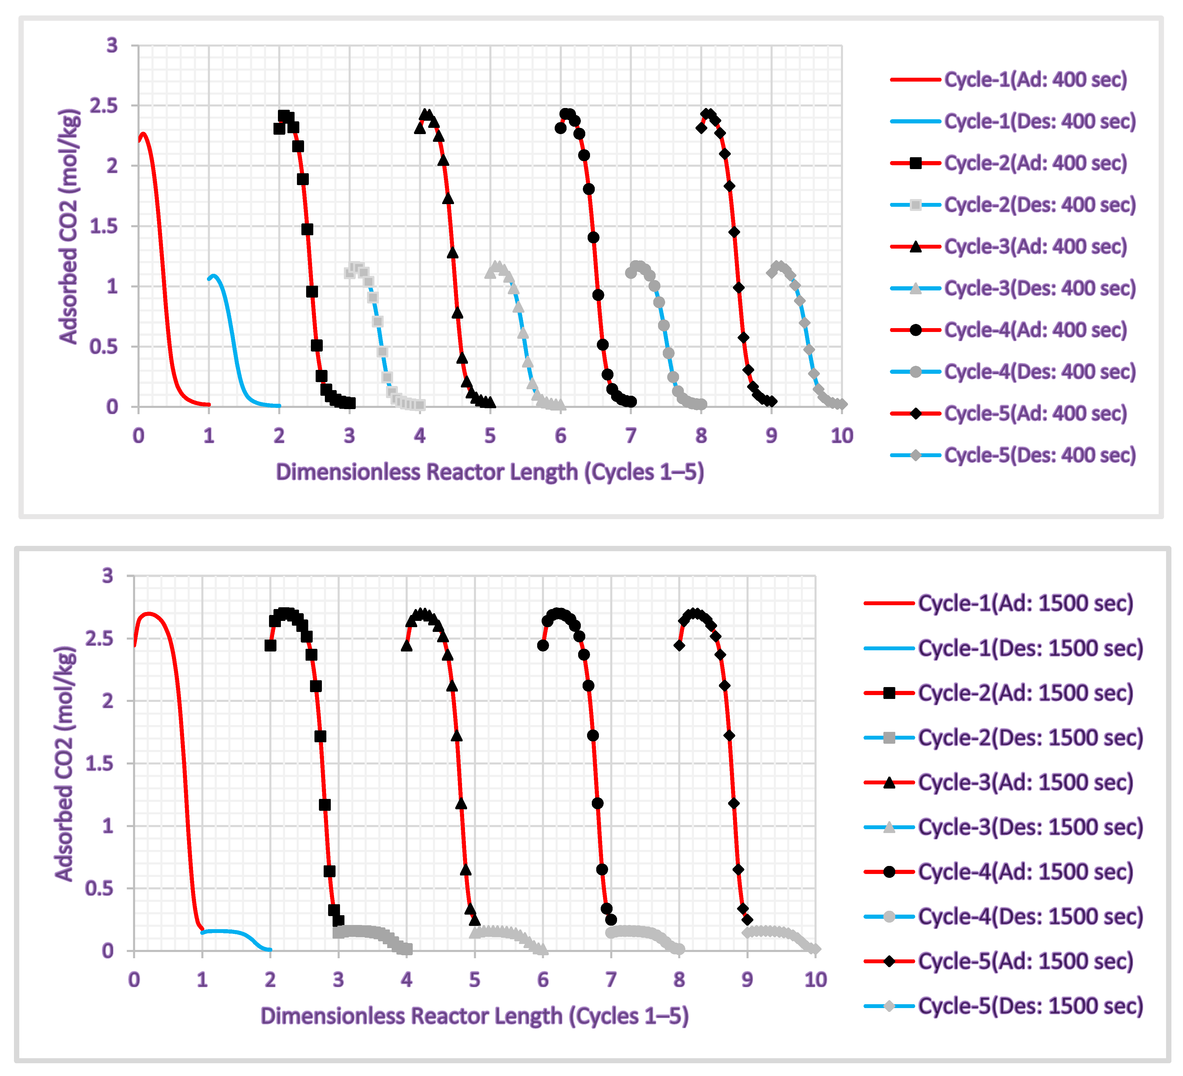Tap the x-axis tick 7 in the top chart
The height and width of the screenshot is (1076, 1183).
click(631, 436)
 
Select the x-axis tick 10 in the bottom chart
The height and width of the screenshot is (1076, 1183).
click(815, 980)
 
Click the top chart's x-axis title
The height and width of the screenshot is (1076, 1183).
click(490, 472)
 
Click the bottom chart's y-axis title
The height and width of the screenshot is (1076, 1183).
click(64, 763)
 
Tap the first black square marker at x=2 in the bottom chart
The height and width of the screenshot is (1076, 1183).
click(271, 646)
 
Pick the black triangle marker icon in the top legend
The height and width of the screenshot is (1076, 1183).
click(915, 247)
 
